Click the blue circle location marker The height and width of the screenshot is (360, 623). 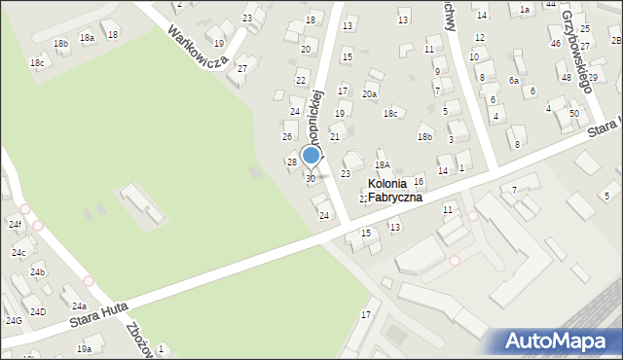pos(311,155)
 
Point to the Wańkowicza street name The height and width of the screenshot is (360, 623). pos(198,44)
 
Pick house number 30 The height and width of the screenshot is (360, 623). pos(311,179)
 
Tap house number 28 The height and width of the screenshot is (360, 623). pos(291,162)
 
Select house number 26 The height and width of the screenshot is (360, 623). pos(287,136)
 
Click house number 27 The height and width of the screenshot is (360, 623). pos(242,69)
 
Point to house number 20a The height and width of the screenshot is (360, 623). pos(370,94)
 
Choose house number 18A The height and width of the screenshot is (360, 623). pos(383,166)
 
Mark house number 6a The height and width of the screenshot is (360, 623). pos(513,81)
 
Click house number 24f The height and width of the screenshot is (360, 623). pos(15,225)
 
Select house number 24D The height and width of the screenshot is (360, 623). pos(37,311)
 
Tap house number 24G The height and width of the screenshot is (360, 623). pos(14,320)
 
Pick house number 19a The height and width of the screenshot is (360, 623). pos(85,348)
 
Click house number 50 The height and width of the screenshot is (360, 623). pos(574,114)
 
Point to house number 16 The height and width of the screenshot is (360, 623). pos(419,182)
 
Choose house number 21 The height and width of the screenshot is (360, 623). pos(334,137)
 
